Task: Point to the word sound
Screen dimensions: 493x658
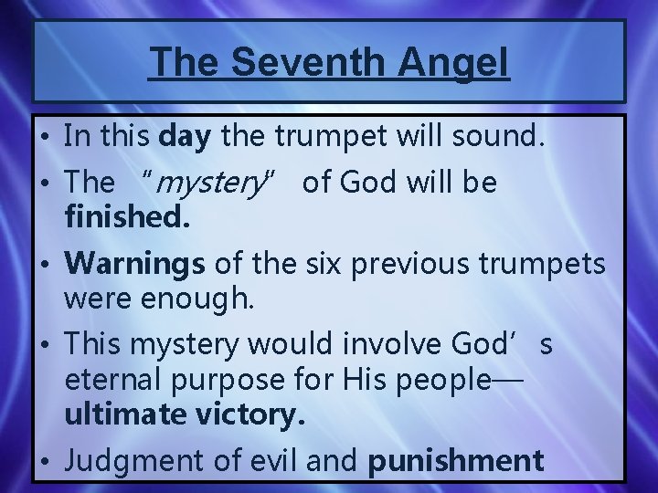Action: [501, 139]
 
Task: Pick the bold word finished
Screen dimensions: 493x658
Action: [128, 220]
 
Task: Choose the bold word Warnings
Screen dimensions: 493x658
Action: [135, 264]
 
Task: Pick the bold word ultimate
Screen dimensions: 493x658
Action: [133, 416]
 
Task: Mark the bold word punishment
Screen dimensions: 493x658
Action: [454, 461]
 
